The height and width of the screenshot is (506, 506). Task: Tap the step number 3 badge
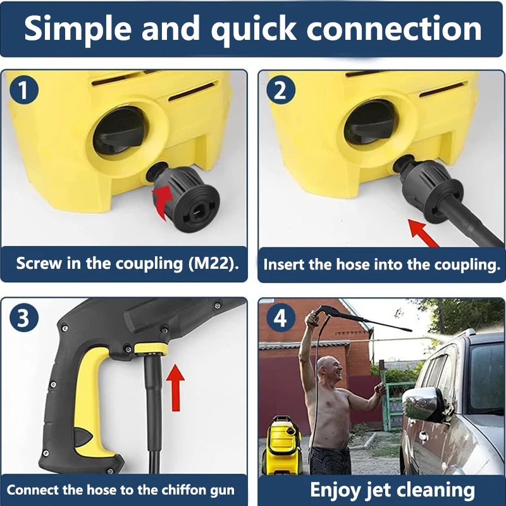click(x=24, y=318)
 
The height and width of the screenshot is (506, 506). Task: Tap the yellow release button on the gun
click(x=147, y=347)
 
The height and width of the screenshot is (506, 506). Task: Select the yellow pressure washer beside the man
click(x=281, y=443)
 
